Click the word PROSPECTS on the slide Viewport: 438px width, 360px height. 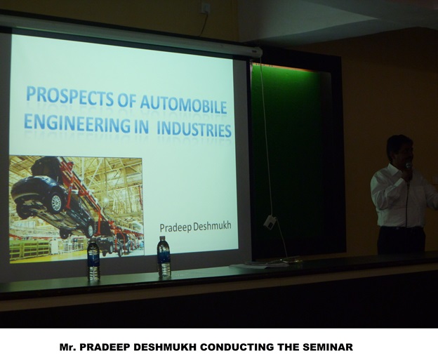pos(69,97)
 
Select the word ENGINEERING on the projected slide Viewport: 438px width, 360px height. pos(77,123)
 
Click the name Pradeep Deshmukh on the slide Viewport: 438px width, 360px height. pos(195,227)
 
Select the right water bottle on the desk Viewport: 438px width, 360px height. pos(164,257)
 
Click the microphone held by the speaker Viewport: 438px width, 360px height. pos(409,171)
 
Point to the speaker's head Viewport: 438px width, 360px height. pos(399,149)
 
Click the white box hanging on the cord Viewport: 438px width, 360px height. pos(270,222)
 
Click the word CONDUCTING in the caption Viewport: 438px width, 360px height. pos(237,347)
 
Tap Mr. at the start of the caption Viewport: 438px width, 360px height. pos(68,347)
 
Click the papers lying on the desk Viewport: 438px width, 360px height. pos(260,264)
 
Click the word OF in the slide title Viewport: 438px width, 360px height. pos(127,100)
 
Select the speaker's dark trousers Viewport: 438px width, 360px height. pos(400,240)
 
